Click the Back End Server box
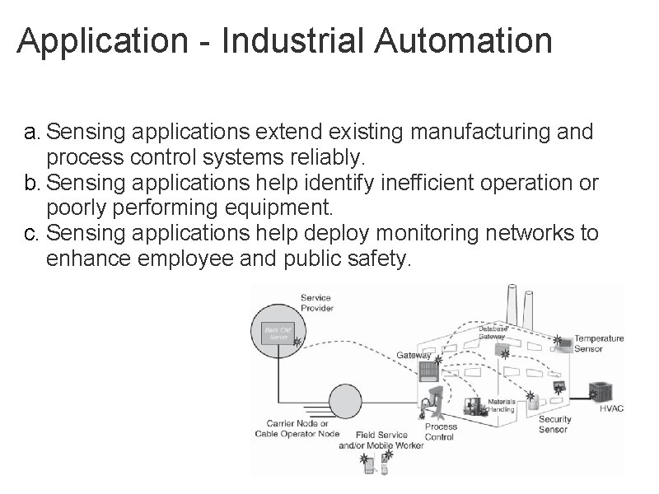(274, 333)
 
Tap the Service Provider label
(317, 302)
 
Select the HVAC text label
(611, 409)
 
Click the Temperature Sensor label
(599, 343)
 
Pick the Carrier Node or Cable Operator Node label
(303, 429)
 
